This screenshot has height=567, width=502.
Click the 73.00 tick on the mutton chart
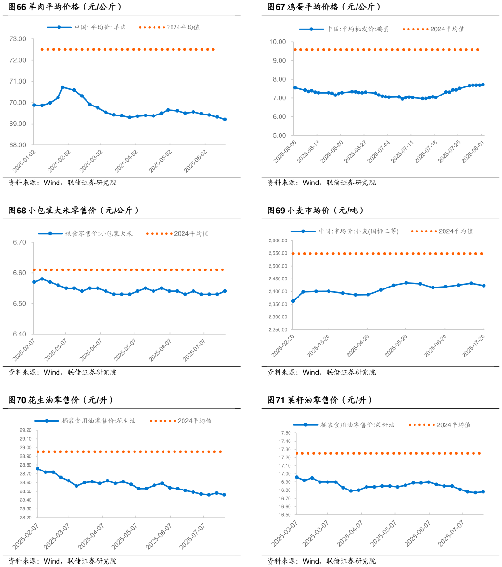[x=19, y=39]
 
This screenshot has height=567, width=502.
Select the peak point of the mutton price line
[x=63, y=87]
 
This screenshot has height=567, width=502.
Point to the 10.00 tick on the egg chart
[x=277, y=42]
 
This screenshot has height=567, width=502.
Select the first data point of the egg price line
[x=295, y=88]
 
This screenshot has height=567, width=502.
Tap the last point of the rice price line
[x=225, y=291]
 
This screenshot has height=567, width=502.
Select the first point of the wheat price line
[x=293, y=301]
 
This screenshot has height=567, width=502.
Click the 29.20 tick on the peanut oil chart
[x=25, y=430]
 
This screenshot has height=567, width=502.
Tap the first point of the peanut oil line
[x=38, y=469]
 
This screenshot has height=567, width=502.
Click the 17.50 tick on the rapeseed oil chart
[x=284, y=433]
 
